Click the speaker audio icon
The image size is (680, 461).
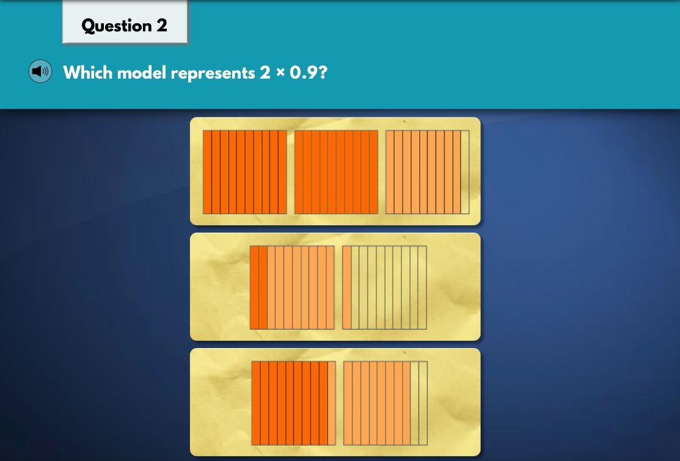point(40,71)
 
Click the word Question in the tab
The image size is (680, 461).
point(116,26)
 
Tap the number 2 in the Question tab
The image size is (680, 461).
point(162,25)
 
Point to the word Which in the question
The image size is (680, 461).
point(88,73)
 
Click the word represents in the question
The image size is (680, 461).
point(213,73)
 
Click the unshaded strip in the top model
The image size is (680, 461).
point(465,172)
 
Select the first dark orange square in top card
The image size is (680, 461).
point(245,172)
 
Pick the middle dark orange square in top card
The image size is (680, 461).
point(336,172)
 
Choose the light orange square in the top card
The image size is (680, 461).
point(427,172)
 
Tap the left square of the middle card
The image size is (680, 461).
point(292,288)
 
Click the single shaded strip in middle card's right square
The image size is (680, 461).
point(347,288)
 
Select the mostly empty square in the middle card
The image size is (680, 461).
point(385,288)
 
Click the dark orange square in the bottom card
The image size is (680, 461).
point(294,403)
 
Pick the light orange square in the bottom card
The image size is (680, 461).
point(386,403)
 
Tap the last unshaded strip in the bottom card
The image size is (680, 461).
point(423,403)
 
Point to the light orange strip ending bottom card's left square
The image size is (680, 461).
point(332,403)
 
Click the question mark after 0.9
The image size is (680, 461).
point(323,73)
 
